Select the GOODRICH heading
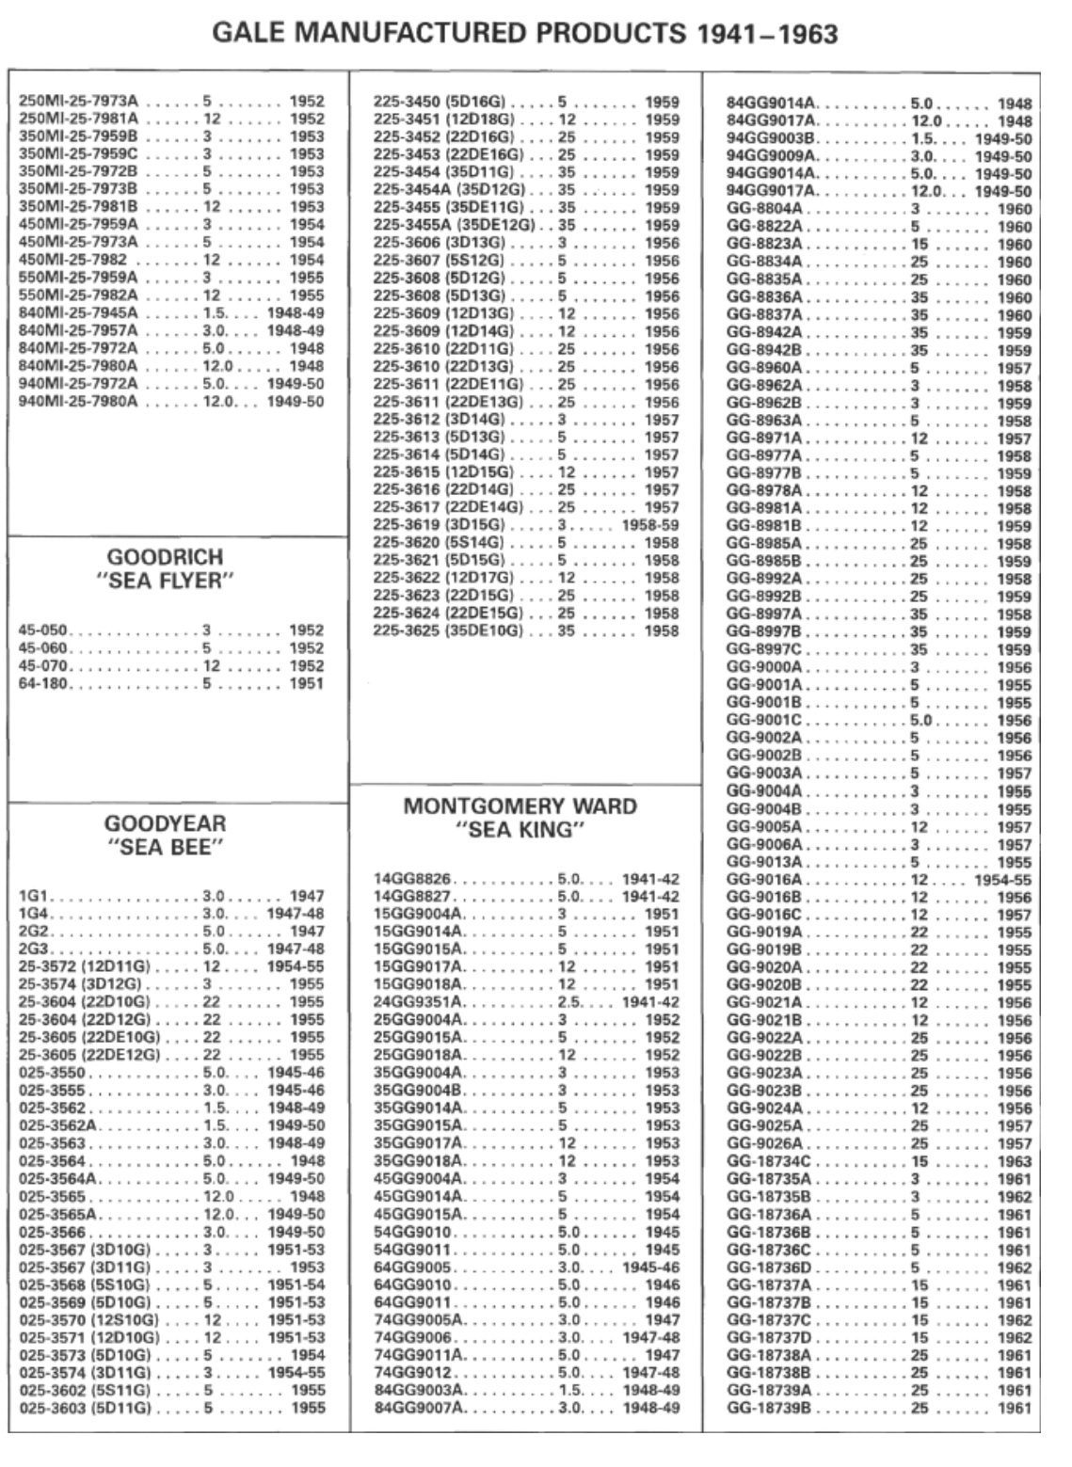(x=165, y=556)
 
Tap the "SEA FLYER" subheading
(x=165, y=581)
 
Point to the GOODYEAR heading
(x=165, y=823)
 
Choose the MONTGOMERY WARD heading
(x=520, y=805)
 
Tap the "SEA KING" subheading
(x=520, y=830)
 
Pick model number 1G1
(x=31, y=897)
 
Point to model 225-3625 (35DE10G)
(x=447, y=630)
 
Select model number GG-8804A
(x=764, y=208)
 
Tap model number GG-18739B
(x=768, y=1408)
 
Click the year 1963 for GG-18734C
(x=1015, y=1161)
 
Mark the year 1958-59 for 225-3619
(x=649, y=525)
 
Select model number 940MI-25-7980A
(x=79, y=401)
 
